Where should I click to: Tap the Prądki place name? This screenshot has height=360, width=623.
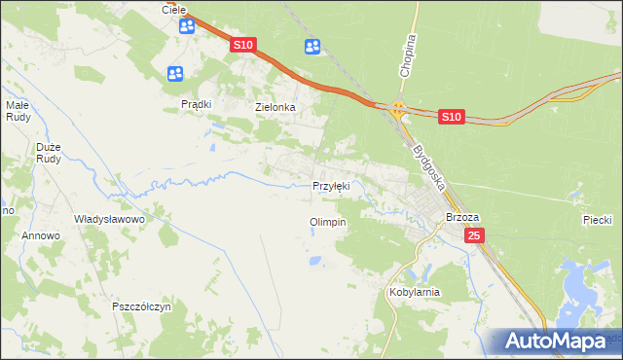[x=197, y=104]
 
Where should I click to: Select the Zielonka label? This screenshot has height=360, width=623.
[x=275, y=107]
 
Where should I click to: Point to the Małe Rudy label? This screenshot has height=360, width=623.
[x=19, y=110]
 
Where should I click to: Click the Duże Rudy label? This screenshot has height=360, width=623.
[x=49, y=154]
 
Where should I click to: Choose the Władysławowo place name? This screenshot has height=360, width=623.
[x=109, y=220]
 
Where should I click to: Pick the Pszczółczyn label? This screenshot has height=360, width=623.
[x=142, y=306]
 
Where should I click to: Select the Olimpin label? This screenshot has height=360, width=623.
[x=327, y=222]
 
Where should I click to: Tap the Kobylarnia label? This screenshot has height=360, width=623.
[x=415, y=292]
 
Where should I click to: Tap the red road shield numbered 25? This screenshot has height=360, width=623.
[x=474, y=236]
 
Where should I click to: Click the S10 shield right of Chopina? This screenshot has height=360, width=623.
[x=450, y=117]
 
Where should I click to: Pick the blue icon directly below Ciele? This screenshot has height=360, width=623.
[x=187, y=26]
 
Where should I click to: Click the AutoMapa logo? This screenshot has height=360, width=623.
[x=555, y=341]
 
